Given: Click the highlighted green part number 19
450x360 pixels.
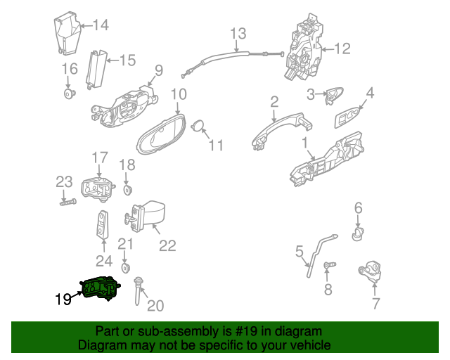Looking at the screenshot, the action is point(101,288).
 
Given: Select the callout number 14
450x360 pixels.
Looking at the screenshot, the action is point(101,25).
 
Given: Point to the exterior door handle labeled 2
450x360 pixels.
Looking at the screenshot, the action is point(281,129).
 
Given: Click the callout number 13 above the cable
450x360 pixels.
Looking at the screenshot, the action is point(238,34).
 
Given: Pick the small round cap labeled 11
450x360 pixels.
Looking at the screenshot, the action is point(198,126).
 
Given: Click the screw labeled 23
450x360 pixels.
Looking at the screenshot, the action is point(68,202).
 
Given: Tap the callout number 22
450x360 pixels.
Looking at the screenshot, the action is point(167,245).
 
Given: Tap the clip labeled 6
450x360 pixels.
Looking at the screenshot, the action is point(357,233).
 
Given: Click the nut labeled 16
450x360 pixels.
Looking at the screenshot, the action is point(69,94).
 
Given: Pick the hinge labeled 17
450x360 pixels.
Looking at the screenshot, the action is point(98,188).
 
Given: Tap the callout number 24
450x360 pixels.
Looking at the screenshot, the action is point(104,262).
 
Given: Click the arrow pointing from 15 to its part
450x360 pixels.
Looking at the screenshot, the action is point(112,60).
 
